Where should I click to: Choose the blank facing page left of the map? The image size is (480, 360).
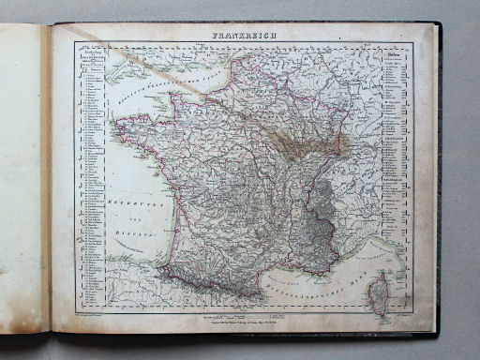[x=23, y=169]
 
